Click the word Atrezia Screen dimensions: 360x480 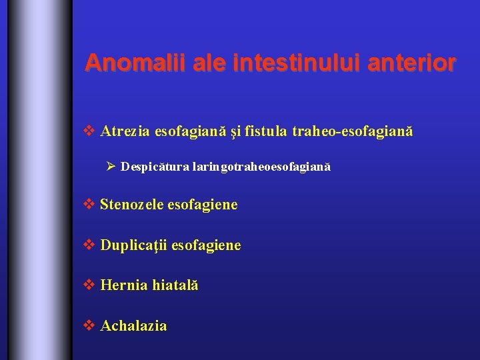(x=125, y=132)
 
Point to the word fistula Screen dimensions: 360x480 (x=266, y=132)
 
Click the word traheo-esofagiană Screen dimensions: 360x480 (x=353, y=132)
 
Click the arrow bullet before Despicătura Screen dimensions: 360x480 (x=111, y=166)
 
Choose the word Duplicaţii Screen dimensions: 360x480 (x=134, y=246)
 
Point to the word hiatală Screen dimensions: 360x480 (x=175, y=285)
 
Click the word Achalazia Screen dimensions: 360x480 (x=133, y=326)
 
